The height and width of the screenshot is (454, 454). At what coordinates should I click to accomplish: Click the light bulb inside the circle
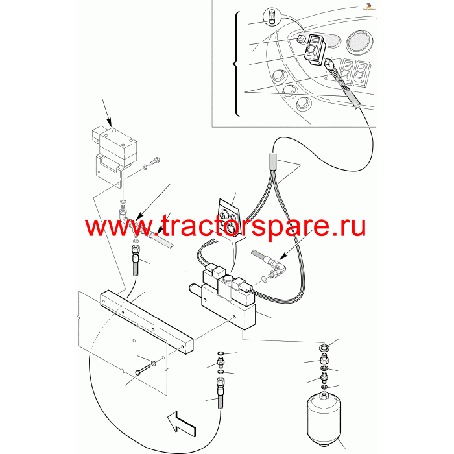pos(272,16)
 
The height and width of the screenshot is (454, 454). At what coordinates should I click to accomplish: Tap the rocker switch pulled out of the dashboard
pos(315,49)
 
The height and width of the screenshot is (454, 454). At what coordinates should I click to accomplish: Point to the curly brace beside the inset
pos(236,64)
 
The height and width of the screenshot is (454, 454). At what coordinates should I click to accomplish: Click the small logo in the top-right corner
pos(369,6)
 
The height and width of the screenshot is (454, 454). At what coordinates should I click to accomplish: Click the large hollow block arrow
pos(182,424)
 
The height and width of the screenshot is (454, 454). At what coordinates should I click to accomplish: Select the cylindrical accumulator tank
pos(324,414)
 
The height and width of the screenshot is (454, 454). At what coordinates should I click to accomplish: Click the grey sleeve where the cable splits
pos(274,162)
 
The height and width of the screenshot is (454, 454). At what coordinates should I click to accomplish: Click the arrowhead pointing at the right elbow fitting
pos(283,256)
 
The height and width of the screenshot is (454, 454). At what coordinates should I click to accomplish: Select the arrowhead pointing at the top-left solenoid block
pos(109,122)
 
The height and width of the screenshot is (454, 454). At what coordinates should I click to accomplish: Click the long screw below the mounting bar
pos(143,370)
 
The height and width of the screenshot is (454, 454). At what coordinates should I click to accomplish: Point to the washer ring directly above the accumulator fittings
pos(324,347)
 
